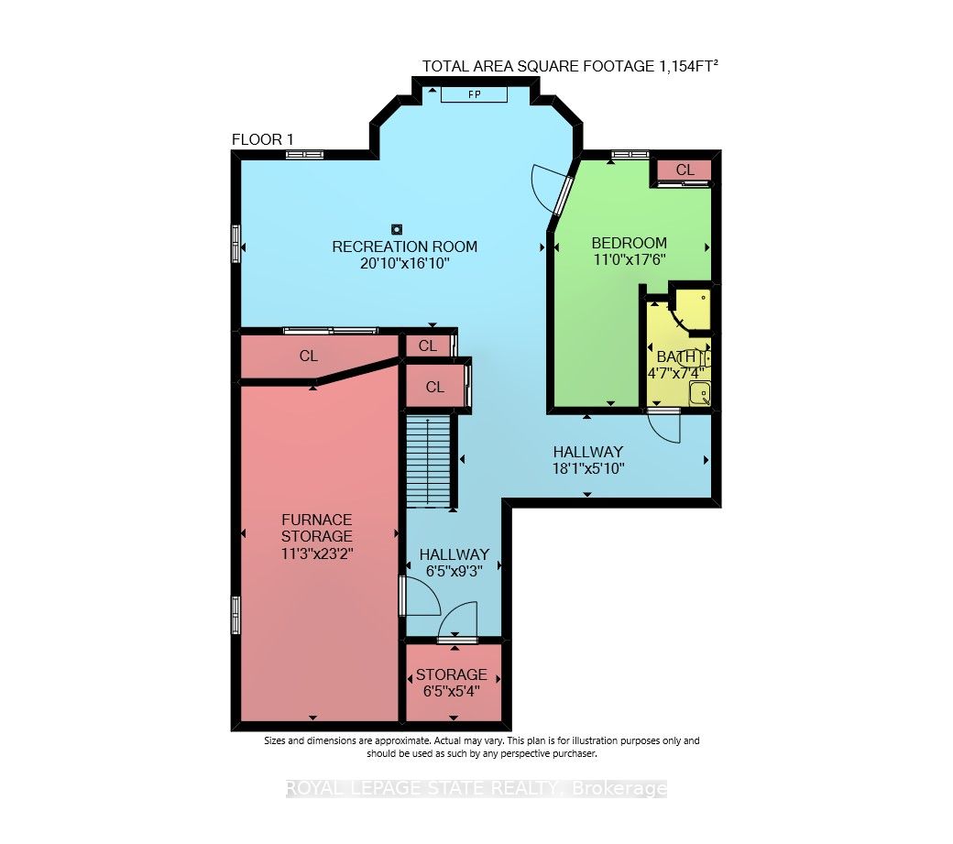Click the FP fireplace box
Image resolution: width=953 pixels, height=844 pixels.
(474, 94)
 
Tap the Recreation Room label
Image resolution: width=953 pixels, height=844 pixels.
(404, 247)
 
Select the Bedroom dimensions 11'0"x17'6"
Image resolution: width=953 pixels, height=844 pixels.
(630, 259)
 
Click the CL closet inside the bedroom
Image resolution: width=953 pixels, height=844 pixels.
(685, 170)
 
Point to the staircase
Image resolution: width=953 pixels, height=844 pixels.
(429, 460)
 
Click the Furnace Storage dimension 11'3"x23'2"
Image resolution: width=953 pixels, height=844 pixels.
(317, 554)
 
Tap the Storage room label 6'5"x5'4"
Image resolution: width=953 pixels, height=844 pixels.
(452, 683)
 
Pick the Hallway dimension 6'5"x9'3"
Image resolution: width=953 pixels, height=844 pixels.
(454, 571)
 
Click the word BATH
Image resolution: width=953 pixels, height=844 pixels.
(676, 356)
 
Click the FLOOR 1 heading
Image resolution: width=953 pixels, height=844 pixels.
(263, 140)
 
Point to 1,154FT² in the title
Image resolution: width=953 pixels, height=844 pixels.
(688, 66)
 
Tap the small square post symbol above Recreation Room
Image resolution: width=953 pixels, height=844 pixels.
(397, 229)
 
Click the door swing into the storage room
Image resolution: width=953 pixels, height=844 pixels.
(458, 621)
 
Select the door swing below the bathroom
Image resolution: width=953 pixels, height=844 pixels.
(664, 427)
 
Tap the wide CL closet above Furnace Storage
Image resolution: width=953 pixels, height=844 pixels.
(309, 356)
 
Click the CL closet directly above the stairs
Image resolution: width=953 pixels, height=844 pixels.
(434, 387)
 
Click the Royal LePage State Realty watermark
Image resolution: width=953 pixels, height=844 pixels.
(476, 789)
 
